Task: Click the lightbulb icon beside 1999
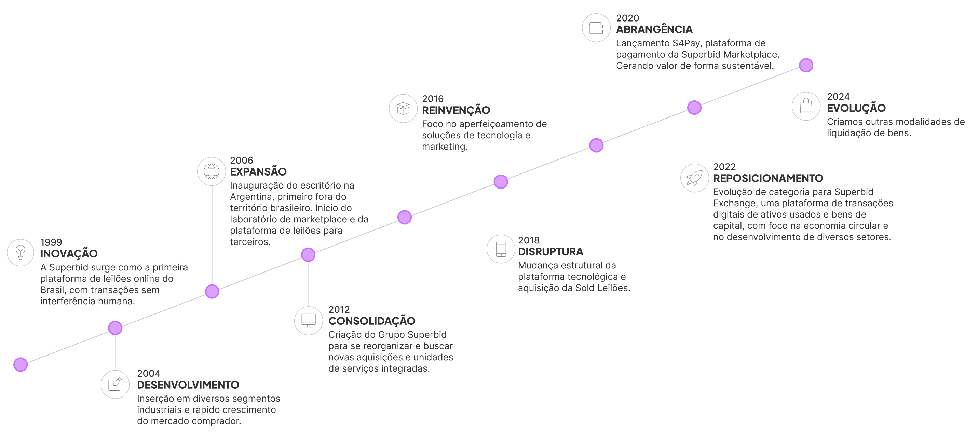point(21,252)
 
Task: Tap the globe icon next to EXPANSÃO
point(212,171)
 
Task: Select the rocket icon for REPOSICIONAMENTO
point(695,178)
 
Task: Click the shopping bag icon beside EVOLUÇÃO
point(806,106)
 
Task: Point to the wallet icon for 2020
point(596,28)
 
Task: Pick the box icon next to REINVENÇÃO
point(403,109)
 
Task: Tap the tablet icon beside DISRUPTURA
point(501,249)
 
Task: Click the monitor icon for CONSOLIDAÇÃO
point(309,321)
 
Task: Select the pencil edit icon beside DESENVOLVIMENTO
point(115,385)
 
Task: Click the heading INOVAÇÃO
point(69,253)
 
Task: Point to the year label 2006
point(241,161)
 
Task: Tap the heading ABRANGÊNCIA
point(654,29)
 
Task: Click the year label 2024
point(838,97)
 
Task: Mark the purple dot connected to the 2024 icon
point(806,65)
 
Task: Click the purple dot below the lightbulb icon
point(21,364)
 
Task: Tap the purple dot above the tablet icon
point(501,182)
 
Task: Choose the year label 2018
point(529,240)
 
